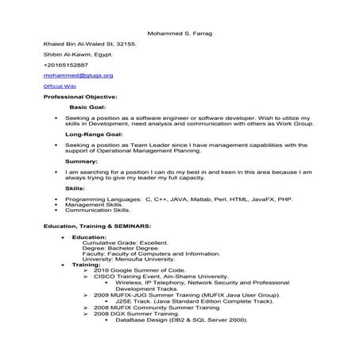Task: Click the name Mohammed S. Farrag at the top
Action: tap(180, 33)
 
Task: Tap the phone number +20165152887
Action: tap(66, 64)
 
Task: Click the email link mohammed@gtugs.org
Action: tap(78, 75)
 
